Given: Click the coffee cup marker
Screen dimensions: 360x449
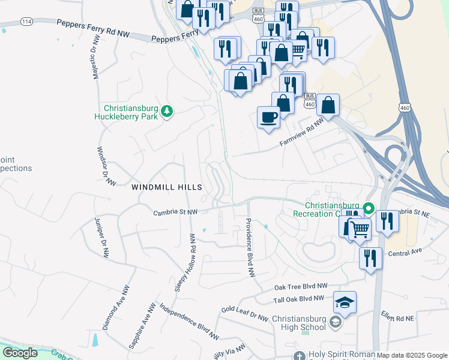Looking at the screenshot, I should pyautogui.click(x=268, y=116).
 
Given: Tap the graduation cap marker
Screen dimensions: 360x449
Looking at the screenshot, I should pyautogui.click(x=345, y=302).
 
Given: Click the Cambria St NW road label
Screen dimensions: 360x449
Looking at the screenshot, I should pyautogui.click(x=175, y=212).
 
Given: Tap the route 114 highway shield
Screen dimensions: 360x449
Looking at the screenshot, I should pyautogui.click(x=26, y=22).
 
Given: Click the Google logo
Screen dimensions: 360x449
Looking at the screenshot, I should pyautogui.click(x=20, y=352).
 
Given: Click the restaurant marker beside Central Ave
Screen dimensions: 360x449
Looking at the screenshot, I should pyautogui.click(x=370, y=258).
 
